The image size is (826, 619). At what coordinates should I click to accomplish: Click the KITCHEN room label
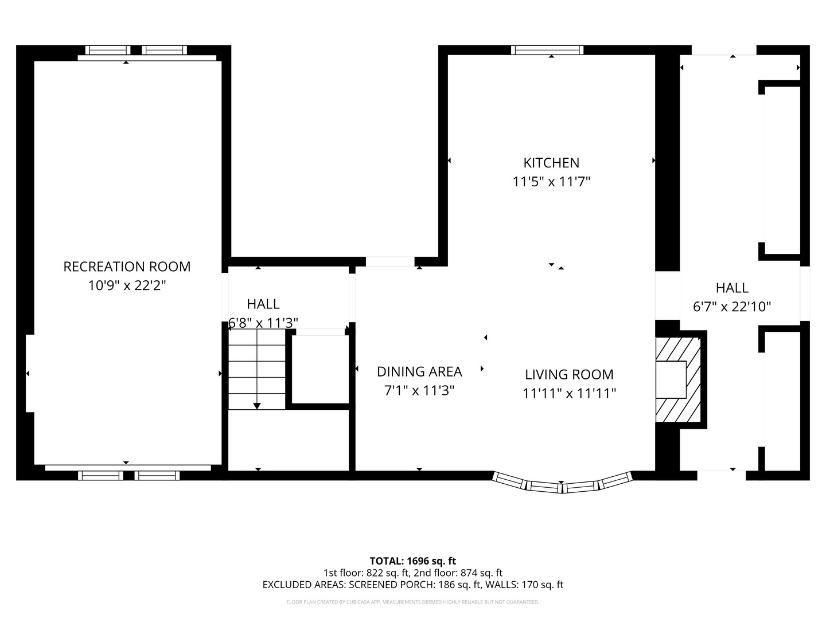coord(551,163)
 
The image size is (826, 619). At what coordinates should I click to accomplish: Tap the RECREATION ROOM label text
coord(127,267)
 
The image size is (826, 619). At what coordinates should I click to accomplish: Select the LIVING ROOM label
coord(569,374)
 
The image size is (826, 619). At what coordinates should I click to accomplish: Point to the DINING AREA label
coord(419,371)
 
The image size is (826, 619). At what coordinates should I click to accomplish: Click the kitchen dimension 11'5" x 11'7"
coord(551,182)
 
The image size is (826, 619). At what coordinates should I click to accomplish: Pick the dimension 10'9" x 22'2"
coord(127,285)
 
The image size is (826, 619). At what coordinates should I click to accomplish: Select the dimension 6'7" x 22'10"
coord(732,307)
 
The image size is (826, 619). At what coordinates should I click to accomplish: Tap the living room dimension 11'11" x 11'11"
coord(569,394)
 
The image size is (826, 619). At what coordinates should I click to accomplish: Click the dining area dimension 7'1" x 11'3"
coord(419,390)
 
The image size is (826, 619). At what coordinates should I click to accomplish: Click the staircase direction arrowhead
coord(256,406)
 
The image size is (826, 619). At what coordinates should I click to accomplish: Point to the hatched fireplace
coord(678,379)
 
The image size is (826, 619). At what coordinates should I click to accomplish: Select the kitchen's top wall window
coord(547,50)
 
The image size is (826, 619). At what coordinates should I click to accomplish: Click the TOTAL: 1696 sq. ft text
coord(413,561)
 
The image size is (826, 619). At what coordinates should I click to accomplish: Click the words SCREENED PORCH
coord(391,585)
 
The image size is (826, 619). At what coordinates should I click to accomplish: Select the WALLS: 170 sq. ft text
coord(524,585)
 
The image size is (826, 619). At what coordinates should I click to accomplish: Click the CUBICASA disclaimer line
coord(413,602)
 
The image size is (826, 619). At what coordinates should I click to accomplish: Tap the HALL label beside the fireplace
coord(732,288)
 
